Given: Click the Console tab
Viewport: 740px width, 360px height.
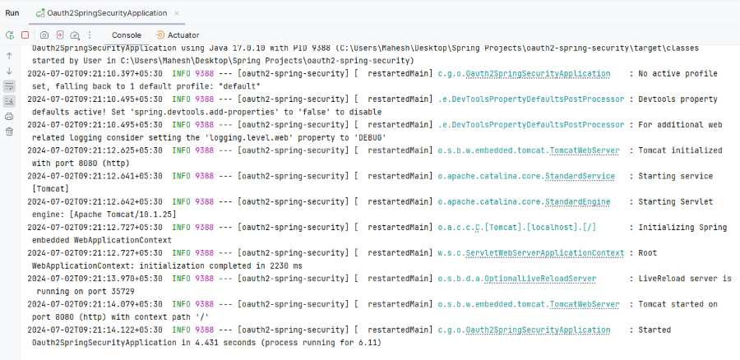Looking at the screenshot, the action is pos(127,35).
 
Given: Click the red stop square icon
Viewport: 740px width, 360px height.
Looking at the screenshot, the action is pos(25,35).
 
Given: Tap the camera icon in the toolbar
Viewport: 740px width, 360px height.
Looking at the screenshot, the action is pos(44,35).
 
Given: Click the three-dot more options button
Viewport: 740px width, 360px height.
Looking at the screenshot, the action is pos(90,35).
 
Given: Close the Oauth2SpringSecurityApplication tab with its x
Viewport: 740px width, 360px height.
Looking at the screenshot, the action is pos(177,13).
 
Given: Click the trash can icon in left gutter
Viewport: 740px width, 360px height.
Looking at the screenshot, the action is pos(9,132).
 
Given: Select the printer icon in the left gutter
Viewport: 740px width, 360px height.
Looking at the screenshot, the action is pos(9,117).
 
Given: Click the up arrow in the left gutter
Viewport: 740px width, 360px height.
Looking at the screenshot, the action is pos(9,56).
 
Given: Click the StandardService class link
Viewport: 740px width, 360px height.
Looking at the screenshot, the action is pos(580,176).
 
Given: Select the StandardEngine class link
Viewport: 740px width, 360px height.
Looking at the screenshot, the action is pos(578,201).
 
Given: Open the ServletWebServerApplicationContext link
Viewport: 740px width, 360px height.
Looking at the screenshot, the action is pos(544,253).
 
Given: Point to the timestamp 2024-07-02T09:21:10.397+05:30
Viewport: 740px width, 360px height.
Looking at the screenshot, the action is pos(95,74).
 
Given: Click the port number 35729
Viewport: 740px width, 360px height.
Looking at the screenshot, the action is pos(123,292).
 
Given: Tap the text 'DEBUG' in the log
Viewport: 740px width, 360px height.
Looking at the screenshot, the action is pos(371,137).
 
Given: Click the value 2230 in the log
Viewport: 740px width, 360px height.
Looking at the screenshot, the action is pos(279,265).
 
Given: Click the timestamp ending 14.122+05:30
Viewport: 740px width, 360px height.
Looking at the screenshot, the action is pos(95,330).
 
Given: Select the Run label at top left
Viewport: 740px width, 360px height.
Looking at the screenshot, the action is pos(12,12).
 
